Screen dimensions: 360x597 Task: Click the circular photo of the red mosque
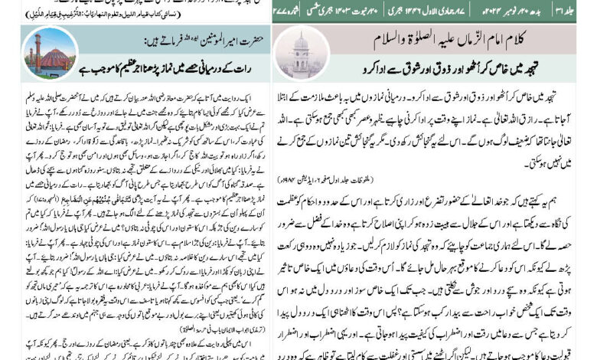point(50,54)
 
